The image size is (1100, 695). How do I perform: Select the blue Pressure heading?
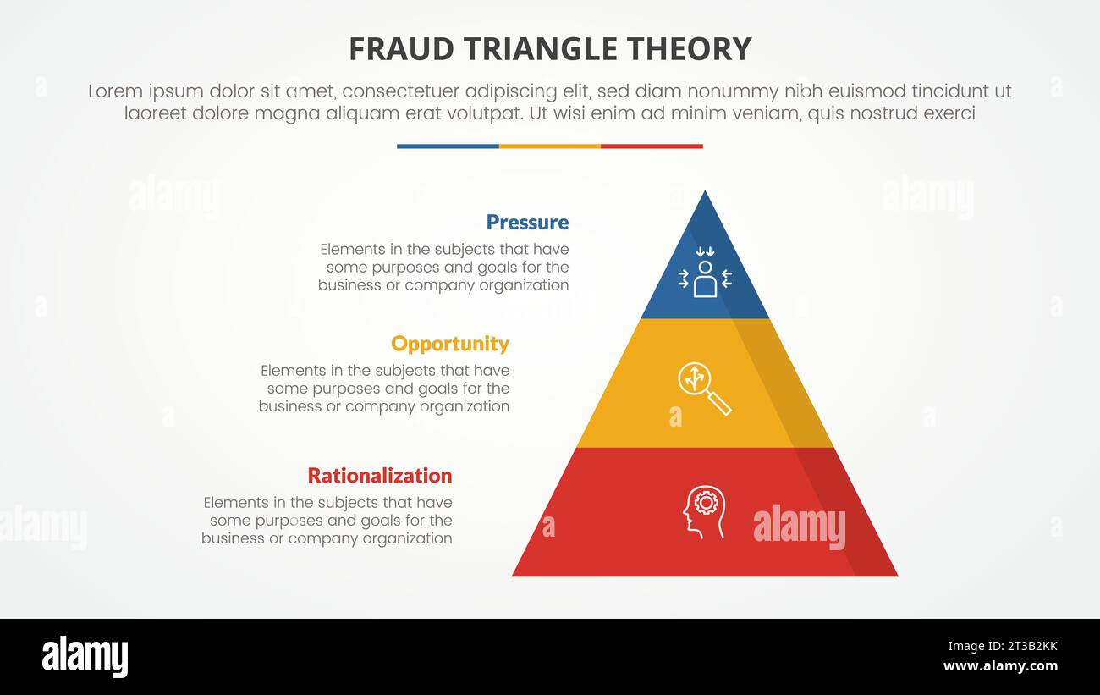[527, 222]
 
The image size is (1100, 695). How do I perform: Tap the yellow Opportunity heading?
[450, 344]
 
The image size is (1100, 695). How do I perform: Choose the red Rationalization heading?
[380, 475]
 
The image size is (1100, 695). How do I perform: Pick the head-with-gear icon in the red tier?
[704, 511]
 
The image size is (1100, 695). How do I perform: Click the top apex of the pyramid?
[705, 194]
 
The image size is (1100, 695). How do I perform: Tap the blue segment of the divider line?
[448, 146]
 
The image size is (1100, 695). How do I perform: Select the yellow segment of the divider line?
[550, 146]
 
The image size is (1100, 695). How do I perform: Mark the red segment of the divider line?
[652, 146]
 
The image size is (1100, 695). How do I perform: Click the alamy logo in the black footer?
[85, 657]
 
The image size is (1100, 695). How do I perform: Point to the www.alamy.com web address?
[1000, 666]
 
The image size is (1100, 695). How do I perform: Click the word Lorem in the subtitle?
[114, 91]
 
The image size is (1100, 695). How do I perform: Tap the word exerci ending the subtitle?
[949, 113]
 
